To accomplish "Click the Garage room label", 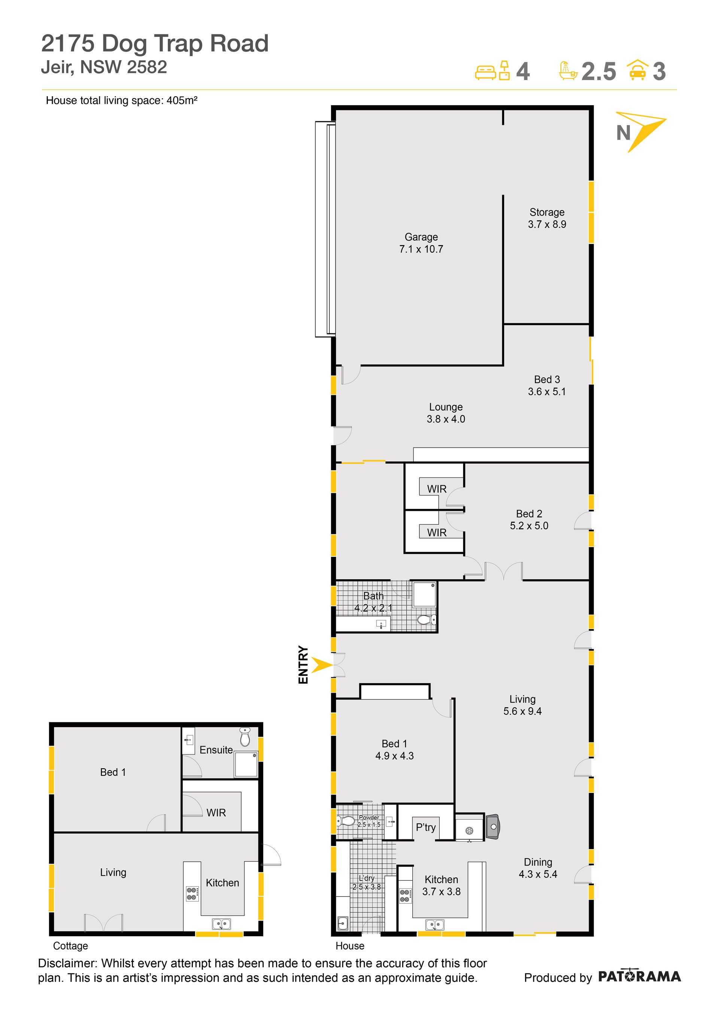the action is coord(421,243).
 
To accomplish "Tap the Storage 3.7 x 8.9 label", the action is coord(547,218).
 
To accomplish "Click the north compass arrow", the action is coord(641,131).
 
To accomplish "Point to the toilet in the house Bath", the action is coord(427,619).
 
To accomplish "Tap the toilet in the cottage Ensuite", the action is coord(245,737).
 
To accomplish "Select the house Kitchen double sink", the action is coord(434,924).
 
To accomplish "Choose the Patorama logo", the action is coord(639,977).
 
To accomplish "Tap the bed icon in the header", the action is coord(485,73).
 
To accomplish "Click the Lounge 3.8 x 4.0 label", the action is coord(446,413).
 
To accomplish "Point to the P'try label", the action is coord(425,827).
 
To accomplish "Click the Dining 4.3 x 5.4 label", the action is coord(538,868).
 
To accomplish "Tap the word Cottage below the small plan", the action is coord(70,946).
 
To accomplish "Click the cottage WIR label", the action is coord(216,812).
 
